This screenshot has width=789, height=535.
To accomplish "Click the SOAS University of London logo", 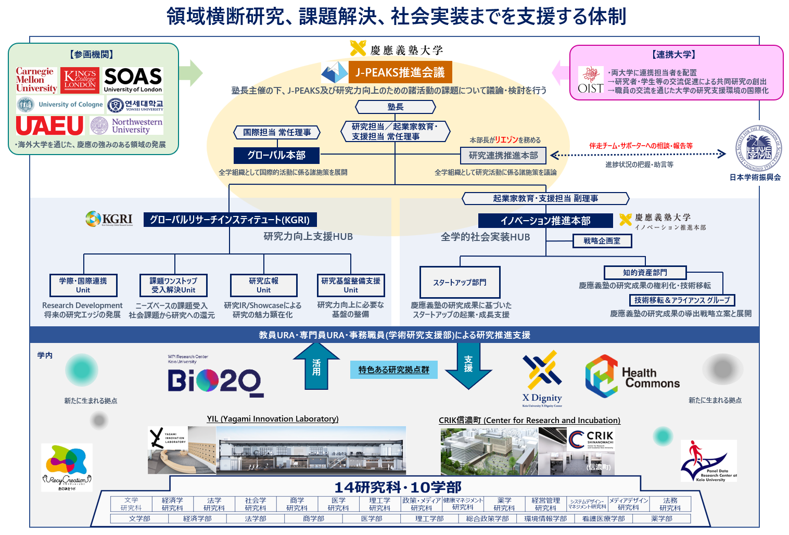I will coord(133,80).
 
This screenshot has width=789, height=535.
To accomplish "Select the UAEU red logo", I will coord(49,125).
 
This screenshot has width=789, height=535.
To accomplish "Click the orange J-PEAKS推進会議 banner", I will coord(400,72).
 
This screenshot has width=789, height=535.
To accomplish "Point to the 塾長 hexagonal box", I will coord(396,107).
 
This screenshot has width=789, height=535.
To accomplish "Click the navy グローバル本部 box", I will coord(276,155).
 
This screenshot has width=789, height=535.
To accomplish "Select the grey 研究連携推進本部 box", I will coord(503,155).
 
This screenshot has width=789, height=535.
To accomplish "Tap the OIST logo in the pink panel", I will coord(591,81).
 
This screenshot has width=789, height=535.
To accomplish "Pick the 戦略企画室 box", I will coord(602,241).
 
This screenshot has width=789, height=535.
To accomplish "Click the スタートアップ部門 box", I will coord(460,282).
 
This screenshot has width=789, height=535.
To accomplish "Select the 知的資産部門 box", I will coord(645,273).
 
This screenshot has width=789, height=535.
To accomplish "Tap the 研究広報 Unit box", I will coord(263,285).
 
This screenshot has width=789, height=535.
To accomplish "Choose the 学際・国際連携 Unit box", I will coord(83,285).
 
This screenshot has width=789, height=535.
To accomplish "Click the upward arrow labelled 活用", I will coord(316,367).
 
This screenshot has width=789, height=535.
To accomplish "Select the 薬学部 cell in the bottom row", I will coord(661,519).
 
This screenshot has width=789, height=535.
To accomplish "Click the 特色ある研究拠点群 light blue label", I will coord(393,370).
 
